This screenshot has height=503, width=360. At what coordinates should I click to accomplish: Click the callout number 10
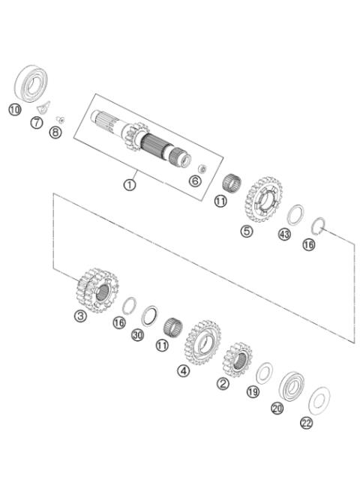point(14,109)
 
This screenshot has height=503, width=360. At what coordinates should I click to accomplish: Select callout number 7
point(36,122)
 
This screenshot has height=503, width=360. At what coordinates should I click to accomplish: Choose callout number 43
point(284,234)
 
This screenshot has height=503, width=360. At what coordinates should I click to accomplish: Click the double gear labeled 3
point(97,291)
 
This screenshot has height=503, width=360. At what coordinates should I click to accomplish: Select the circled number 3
point(81,316)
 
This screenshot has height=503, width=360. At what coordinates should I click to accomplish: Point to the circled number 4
point(183,370)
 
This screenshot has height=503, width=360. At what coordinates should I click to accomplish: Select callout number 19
point(253,392)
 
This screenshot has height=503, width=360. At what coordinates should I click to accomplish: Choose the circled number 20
point(277,409)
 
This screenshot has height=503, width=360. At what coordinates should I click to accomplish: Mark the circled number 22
point(306,423)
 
